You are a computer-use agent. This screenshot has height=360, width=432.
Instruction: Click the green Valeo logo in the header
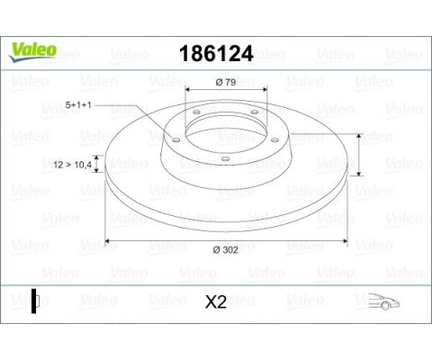tap(32, 51)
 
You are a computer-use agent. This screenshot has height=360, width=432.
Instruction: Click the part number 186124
tap(216, 54)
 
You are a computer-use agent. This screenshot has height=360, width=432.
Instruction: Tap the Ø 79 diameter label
tap(226, 82)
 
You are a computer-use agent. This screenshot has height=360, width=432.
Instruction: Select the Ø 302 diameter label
tap(225, 249)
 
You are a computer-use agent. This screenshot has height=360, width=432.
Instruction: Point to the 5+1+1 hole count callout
tap(78, 105)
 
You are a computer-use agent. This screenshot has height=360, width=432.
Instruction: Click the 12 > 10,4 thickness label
tap(72, 165)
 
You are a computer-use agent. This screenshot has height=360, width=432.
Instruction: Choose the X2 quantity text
tap(216, 302)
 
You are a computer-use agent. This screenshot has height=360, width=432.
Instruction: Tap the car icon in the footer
tap(383, 301)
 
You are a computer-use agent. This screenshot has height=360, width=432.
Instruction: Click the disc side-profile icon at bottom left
tap(36, 301)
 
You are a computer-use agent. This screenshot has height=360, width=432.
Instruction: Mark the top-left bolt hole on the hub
tap(196, 112)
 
